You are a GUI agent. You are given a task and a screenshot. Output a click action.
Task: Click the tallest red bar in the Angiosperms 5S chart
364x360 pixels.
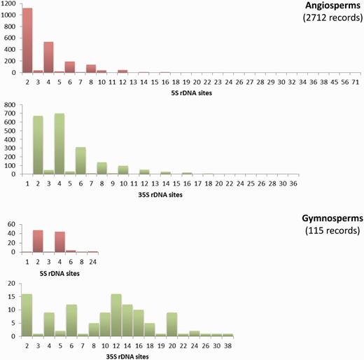(27, 41)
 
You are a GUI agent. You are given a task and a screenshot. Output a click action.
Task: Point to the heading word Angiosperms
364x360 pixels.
(325, 6)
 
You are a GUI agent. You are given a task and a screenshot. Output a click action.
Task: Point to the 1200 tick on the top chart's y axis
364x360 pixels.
(10, 4)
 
